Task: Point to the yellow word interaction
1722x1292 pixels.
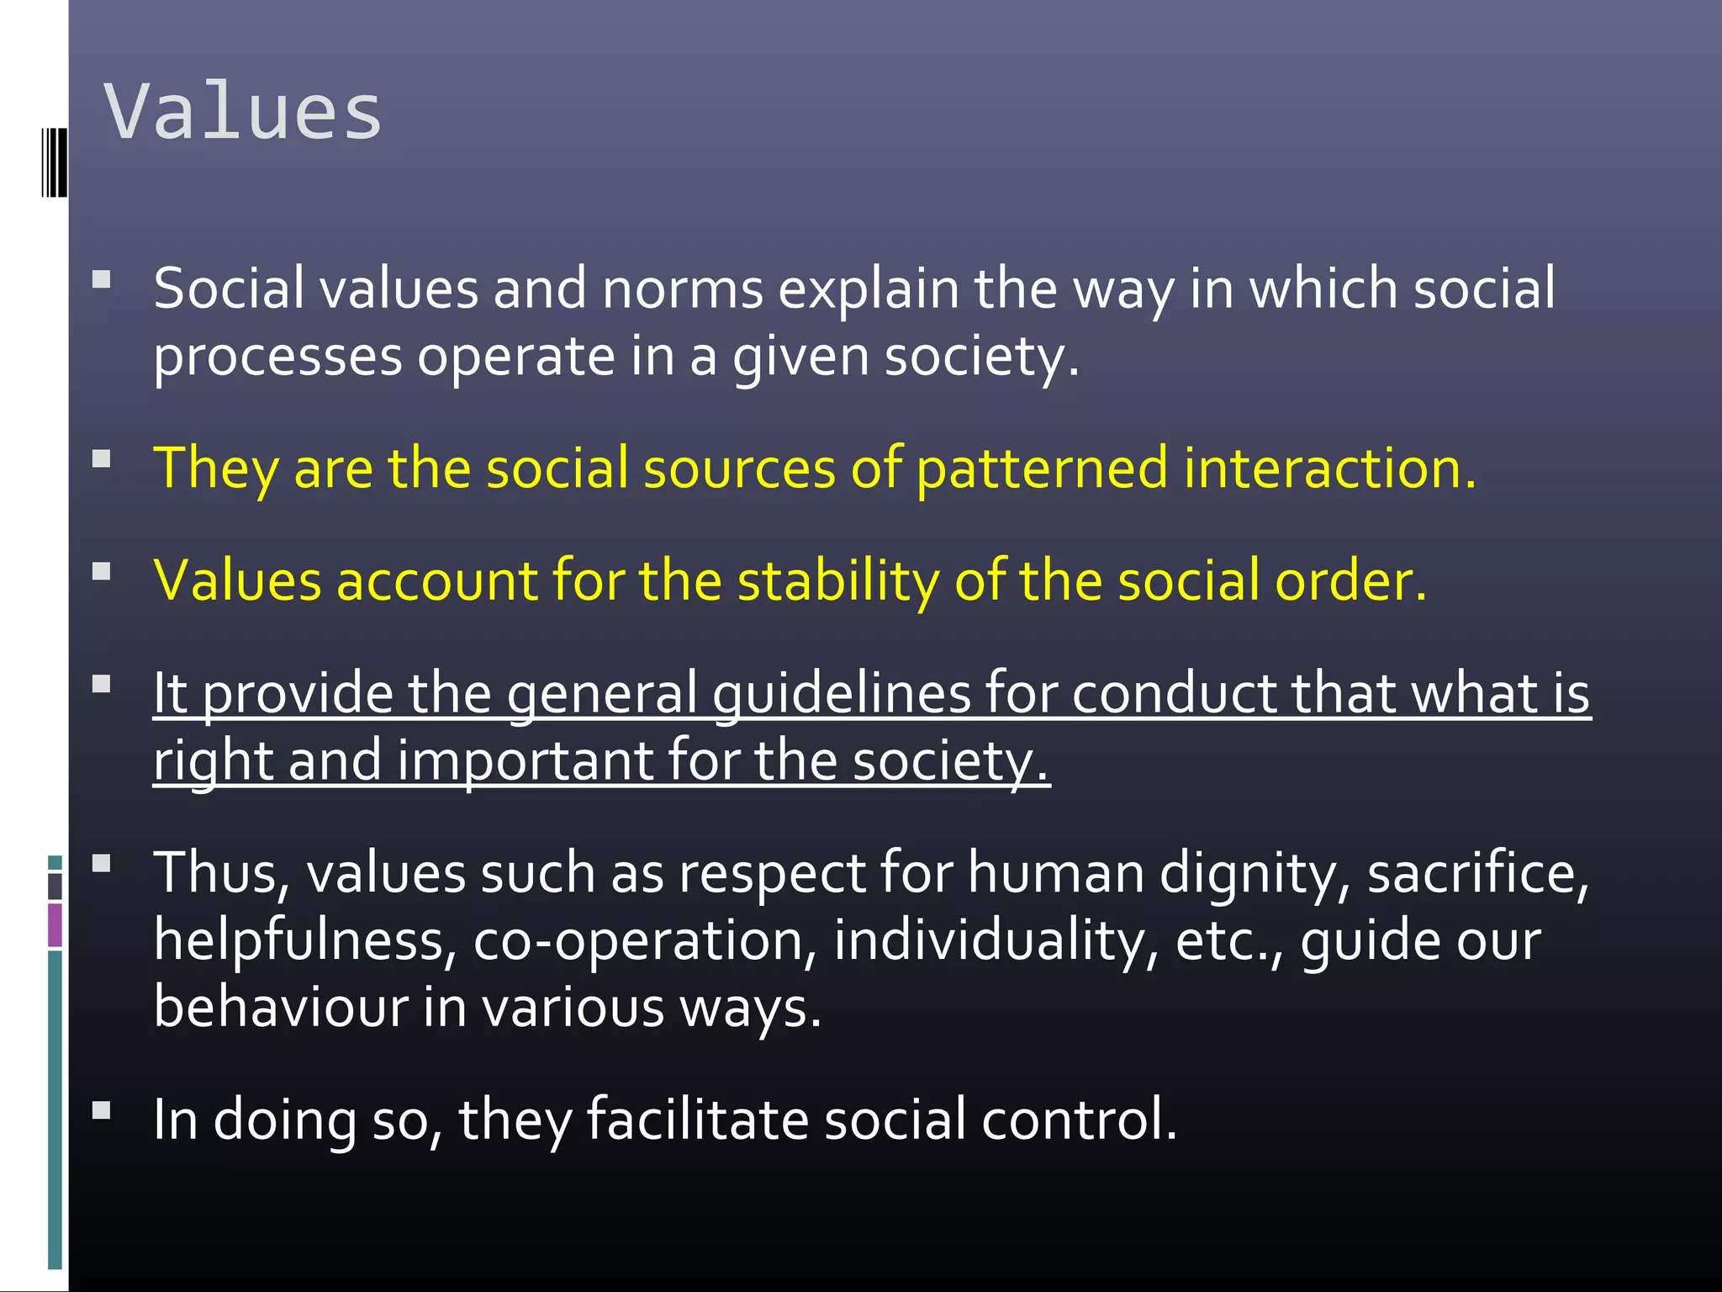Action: click(1328, 469)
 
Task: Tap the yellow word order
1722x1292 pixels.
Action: click(1350, 581)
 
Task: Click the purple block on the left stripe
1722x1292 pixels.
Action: click(55, 925)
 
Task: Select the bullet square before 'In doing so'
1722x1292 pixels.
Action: click(102, 1110)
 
